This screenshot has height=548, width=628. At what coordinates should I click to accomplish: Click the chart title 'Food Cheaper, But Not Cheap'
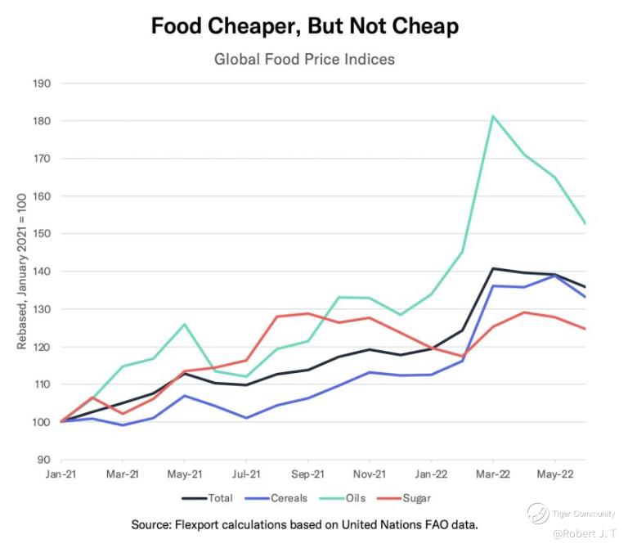pos(304,26)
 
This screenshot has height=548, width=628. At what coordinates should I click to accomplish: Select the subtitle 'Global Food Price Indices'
pos(304,60)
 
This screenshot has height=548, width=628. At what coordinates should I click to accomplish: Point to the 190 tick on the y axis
pos(42,83)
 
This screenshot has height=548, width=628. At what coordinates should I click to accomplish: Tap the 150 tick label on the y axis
pos(42,234)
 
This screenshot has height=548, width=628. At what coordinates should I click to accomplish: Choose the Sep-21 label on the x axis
pos(308,474)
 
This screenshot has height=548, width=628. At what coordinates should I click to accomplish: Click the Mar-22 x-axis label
pos(493,474)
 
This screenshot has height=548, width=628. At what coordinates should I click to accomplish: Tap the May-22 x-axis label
pos(555,474)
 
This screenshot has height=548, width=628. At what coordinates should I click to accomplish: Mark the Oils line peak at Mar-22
pos(493,116)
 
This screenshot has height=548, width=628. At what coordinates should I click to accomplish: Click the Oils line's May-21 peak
pos(185,324)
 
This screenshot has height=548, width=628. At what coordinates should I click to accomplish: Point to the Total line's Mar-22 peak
pos(493,268)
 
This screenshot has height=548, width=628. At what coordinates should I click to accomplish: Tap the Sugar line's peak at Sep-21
pos(308,313)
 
